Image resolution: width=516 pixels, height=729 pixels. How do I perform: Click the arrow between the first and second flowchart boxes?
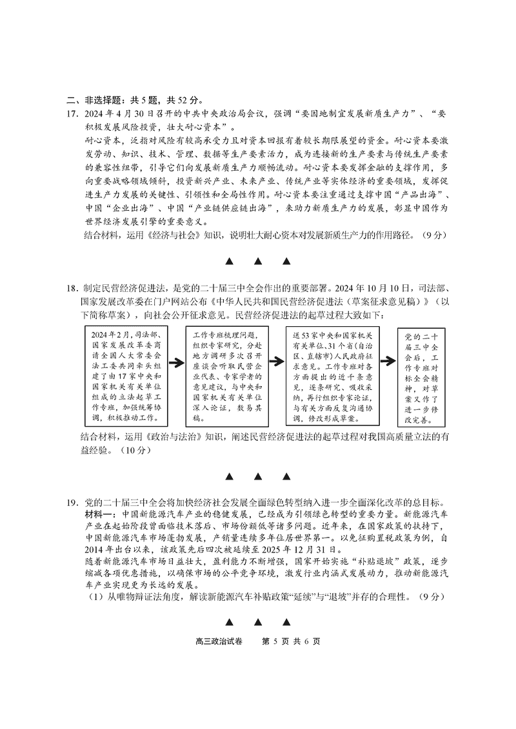tap(177, 362)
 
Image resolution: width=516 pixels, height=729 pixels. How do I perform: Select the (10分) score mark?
tap(136, 450)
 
